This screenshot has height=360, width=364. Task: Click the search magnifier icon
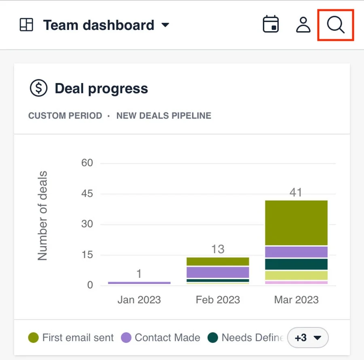(335, 25)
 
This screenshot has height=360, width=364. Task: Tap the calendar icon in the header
(271, 24)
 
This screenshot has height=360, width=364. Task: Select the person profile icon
(303, 24)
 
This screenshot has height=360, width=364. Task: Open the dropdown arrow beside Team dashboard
(165, 25)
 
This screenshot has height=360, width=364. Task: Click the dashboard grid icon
(26, 25)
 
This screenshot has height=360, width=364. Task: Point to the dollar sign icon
(38, 88)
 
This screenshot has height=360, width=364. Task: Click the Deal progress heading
(101, 89)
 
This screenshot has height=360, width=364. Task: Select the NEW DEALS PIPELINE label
(164, 115)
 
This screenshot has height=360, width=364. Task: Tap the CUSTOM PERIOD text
(65, 115)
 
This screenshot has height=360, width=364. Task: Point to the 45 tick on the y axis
(87, 193)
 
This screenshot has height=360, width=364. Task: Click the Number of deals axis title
(42, 216)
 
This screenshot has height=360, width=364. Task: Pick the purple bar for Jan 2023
(139, 283)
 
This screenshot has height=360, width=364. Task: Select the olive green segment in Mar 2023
(296, 222)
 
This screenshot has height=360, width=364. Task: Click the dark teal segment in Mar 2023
(296, 264)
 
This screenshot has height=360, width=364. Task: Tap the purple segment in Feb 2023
(218, 272)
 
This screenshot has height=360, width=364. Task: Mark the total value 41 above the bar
(296, 192)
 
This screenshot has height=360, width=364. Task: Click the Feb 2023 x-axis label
(218, 300)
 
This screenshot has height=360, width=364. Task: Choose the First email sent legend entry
(71, 337)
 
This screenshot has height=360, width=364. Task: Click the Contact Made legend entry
(161, 337)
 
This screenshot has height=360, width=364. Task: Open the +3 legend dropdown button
(308, 337)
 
